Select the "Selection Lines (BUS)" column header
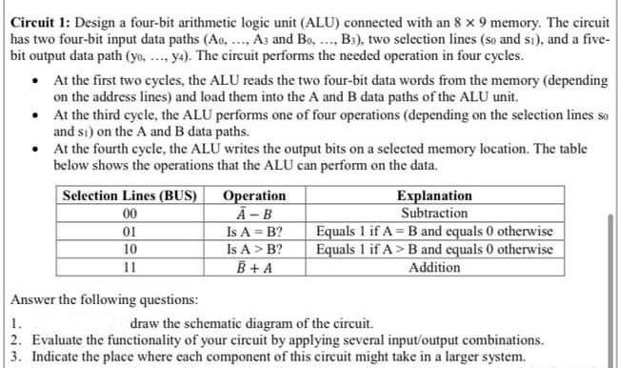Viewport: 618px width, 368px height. tap(129, 196)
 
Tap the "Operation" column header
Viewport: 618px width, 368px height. tap(248, 196)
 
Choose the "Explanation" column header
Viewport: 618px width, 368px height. tap(433, 196)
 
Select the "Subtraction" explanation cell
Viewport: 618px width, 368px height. tap(433, 214)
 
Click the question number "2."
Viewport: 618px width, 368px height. tap(17, 339)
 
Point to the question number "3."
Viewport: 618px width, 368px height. tap(17, 357)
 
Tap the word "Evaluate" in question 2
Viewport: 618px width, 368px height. tap(59, 339)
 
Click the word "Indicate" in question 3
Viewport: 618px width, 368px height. tap(58, 357)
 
